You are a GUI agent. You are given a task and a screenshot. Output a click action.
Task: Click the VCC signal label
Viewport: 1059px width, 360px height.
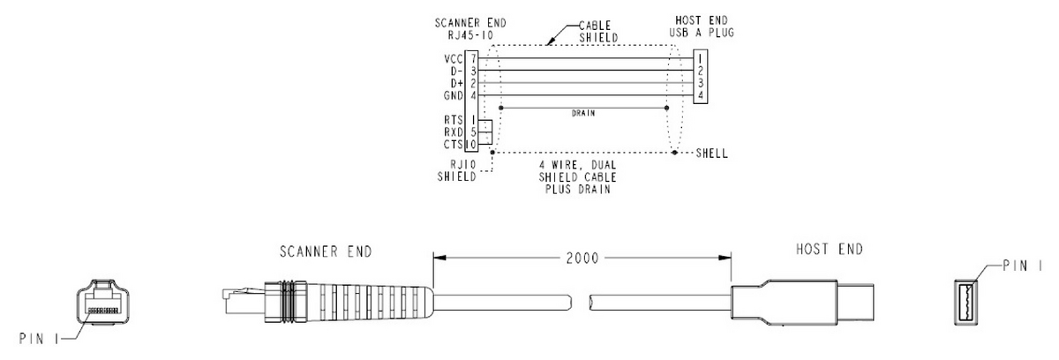click(x=454, y=59)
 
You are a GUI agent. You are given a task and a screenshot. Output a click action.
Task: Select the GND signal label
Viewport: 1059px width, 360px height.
click(x=454, y=96)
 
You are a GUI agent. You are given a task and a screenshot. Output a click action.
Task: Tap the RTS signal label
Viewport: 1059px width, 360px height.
click(x=454, y=121)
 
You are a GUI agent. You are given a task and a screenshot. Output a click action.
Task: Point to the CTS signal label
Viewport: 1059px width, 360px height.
click(x=454, y=145)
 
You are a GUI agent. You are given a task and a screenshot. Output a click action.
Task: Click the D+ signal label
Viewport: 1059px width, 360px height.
click(x=457, y=84)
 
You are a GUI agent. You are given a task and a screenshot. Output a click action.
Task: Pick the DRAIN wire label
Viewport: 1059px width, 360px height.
click(x=583, y=114)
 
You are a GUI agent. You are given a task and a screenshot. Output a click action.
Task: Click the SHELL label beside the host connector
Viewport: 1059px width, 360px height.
click(x=711, y=154)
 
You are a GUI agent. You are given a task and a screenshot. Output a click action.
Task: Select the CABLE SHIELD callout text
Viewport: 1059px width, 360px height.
click(x=598, y=32)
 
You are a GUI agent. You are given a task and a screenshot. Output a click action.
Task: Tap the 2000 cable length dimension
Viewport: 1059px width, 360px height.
click(x=582, y=259)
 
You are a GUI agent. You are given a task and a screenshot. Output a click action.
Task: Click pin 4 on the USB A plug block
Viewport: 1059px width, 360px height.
click(x=701, y=96)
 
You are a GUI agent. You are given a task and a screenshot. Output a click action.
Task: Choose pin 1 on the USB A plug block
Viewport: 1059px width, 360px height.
click(x=701, y=59)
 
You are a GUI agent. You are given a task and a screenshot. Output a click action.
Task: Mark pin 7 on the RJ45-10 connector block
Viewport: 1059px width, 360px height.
click(x=473, y=59)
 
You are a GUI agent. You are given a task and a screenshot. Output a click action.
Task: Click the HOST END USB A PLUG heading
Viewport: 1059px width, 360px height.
click(x=702, y=26)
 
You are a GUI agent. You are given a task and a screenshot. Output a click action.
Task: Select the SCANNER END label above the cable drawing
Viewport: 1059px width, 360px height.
click(x=326, y=251)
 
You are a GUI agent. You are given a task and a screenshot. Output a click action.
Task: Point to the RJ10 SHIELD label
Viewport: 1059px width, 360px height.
click(x=457, y=170)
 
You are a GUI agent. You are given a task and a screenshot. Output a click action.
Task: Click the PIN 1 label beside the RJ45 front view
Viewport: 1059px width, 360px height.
click(x=39, y=339)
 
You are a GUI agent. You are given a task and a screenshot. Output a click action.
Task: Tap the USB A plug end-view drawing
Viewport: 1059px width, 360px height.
click(x=965, y=303)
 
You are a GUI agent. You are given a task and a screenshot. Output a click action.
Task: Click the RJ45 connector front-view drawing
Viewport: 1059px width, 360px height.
click(x=103, y=302)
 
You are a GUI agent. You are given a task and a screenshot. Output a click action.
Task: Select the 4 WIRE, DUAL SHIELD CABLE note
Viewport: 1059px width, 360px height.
click(x=578, y=177)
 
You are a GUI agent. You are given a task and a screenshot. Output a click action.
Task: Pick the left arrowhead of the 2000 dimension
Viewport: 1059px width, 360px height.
click(x=439, y=258)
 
